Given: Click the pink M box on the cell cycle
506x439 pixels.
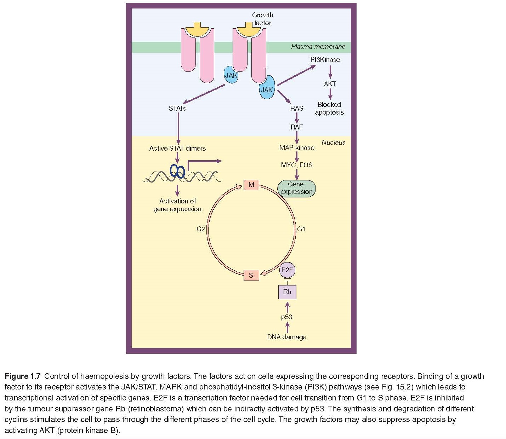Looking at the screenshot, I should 251,185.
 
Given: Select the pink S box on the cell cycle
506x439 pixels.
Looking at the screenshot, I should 251,275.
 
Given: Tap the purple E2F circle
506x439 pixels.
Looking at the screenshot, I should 287,270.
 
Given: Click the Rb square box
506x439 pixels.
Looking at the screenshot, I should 287,292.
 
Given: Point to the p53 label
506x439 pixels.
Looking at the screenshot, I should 286,317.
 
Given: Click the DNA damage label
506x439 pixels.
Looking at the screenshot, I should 286,337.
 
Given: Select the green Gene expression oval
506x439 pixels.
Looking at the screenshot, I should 296,188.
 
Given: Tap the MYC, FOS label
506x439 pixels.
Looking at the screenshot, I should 296,165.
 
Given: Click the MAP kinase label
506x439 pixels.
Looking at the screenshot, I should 296,148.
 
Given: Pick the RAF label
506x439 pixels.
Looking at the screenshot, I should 296,127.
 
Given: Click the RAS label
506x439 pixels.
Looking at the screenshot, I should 296,108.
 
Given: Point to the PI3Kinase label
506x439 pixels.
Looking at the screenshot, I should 325,59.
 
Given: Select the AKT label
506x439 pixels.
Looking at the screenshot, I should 330,84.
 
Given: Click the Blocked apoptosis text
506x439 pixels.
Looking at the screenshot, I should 329,108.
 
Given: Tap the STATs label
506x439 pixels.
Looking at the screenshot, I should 177,108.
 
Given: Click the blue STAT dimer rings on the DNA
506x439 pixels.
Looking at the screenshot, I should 177,171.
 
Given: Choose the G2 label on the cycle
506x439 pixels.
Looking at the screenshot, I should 200,229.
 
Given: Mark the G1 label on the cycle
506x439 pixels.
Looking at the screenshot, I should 301,229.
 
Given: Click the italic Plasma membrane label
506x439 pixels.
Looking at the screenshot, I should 318,46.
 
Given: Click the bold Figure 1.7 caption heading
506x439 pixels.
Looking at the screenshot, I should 22,376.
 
